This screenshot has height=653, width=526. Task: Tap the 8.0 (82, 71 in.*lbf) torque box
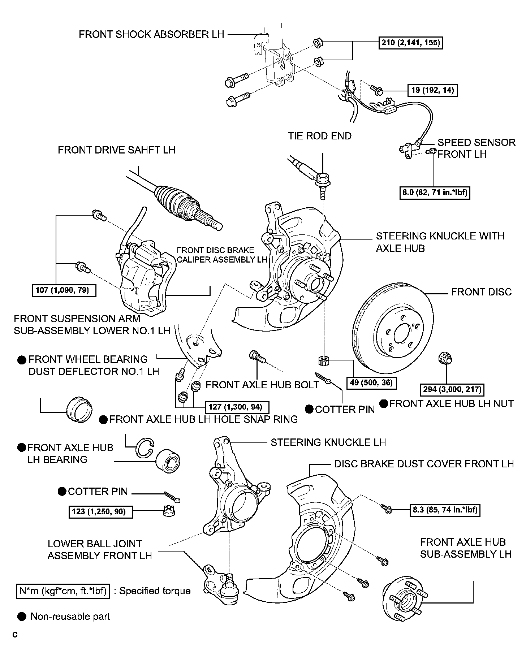point(435,193)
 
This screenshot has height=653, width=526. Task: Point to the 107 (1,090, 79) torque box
point(64,290)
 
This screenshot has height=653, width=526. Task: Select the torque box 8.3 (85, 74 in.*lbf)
point(445,510)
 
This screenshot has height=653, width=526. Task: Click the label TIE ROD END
point(319,136)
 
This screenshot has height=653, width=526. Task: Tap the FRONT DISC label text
point(481,292)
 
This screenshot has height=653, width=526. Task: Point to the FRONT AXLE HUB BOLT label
point(262,385)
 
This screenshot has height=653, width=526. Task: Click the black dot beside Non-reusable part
point(22,616)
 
